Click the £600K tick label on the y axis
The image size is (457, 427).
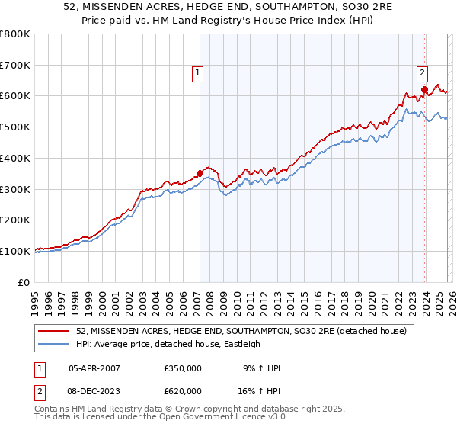click(x=15, y=96)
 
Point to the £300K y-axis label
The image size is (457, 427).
click(x=15, y=189)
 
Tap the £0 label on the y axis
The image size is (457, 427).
click(x=24, y=282)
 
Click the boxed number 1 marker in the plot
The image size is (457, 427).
click(x=197, y=73)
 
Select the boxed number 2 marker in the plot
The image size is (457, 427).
click(x=422, y=73)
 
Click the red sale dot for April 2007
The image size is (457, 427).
click(x=200, y=173)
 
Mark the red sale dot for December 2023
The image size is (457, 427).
click(x=424, y=89)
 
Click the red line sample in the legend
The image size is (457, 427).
click(x=55, y=331)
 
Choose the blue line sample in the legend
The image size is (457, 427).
click(x=55, y=344)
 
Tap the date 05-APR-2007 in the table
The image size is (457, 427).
click(x=94, y=368)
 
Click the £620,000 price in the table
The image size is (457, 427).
click(x=183, y=390)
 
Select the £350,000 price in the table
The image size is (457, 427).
click(x=183, y=368)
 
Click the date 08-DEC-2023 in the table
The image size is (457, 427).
click(x=94, y=390)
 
